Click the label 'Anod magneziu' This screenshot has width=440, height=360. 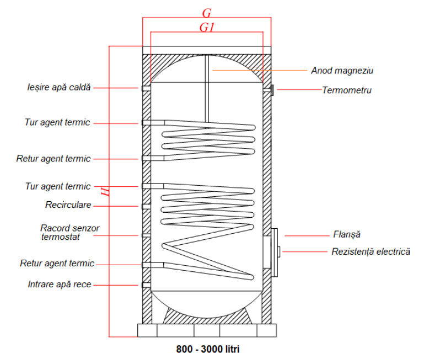pos(342,71)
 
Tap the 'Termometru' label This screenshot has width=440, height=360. pos(347,90)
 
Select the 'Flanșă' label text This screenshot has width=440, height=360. pos(347,234)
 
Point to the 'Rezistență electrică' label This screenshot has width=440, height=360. pos(371,251)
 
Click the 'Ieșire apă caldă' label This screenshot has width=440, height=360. pos(59,87)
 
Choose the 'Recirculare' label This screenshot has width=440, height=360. pos(68,205)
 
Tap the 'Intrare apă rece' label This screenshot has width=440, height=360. pos(60,284)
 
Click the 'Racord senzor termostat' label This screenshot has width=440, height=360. pos(70,232)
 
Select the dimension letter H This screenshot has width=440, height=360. pos(105,192)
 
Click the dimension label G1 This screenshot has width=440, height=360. pos(207,28)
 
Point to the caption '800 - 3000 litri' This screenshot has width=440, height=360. pos(208,349)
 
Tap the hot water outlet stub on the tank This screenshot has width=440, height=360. pos(146,88)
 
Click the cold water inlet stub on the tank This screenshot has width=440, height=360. pos(146,285)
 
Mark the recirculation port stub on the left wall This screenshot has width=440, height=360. pos(146,207)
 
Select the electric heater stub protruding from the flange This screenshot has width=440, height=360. pos(278,251)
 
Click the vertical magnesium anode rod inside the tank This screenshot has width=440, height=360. pos(207,88)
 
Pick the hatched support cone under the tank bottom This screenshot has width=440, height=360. pos(207,315)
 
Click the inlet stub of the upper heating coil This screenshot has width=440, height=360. pos(153,123)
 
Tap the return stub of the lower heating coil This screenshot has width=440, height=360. pos(153,265)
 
